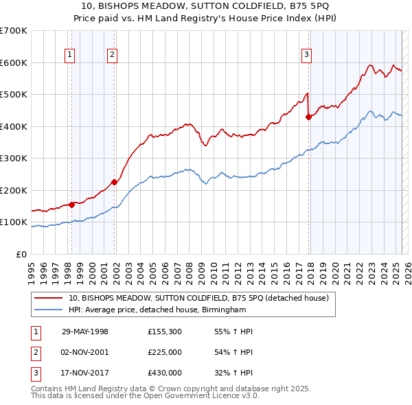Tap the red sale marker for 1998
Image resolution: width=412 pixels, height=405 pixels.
(71, 205)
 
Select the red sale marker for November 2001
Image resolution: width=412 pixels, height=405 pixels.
(114, 182)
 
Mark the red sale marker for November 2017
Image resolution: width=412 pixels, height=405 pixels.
(308, 117)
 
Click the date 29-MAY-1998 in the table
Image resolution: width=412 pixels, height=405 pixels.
(85, 332)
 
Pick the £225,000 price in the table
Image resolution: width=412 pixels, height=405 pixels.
(165, 352)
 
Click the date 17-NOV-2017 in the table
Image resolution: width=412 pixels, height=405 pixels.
(85, 373)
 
